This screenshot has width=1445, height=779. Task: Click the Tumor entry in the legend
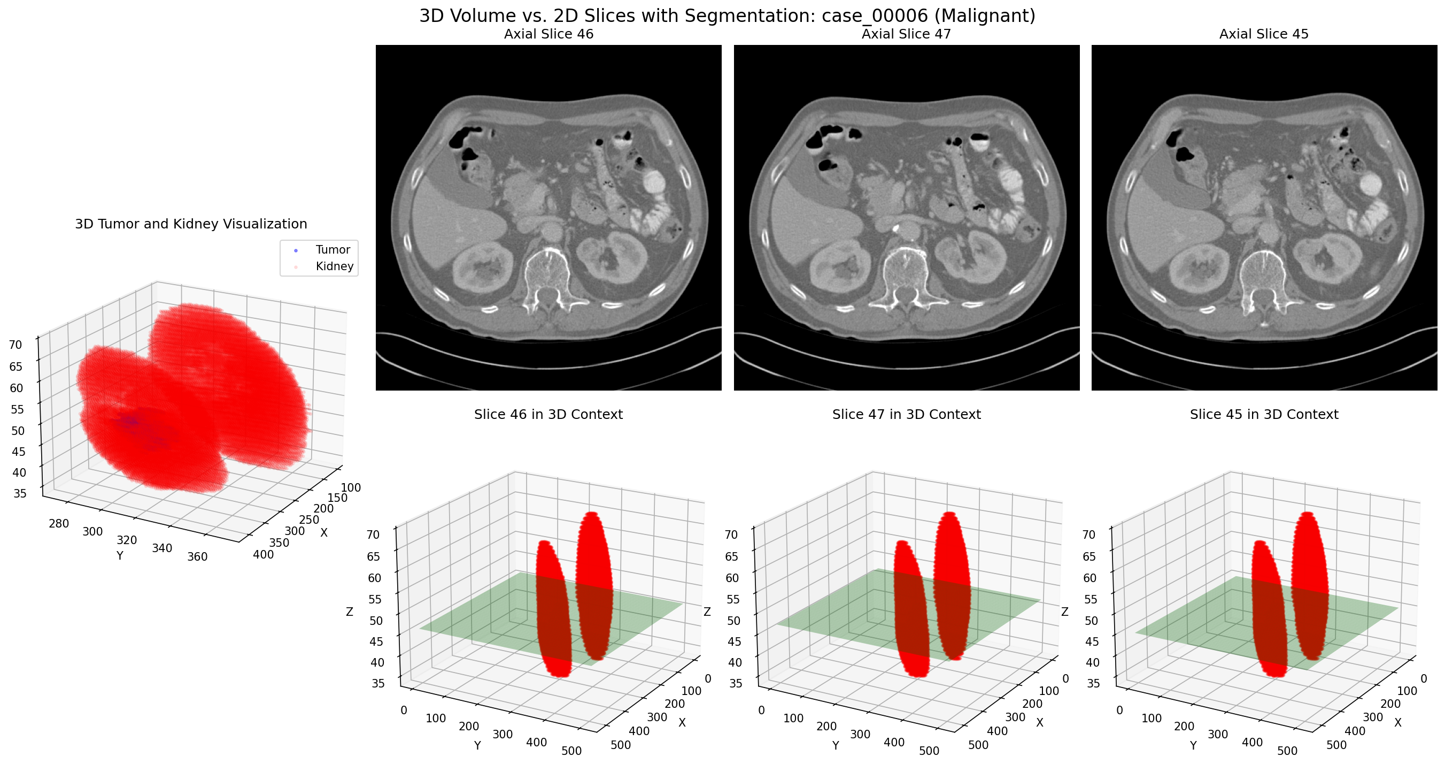332,250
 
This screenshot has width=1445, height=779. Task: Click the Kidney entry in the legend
334,266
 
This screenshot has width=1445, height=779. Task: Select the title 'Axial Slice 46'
548,34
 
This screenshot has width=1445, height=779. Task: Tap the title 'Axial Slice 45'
1263,34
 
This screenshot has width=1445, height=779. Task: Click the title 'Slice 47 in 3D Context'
906,415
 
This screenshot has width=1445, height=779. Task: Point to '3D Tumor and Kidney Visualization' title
191,225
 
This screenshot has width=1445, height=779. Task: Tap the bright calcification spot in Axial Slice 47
895,228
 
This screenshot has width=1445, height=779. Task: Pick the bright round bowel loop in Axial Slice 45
1370,184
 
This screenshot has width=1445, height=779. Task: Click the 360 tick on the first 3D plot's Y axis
197,557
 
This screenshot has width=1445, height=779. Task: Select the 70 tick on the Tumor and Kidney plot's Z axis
16,345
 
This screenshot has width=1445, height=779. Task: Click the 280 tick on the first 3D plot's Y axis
59,524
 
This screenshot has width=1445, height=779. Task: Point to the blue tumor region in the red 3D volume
132,421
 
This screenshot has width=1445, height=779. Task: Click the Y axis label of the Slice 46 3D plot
477,745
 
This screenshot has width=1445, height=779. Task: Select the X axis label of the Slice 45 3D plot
1397,723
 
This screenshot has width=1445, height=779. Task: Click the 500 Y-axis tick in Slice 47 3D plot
929,751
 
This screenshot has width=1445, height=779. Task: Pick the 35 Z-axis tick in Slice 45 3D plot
1093,684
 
